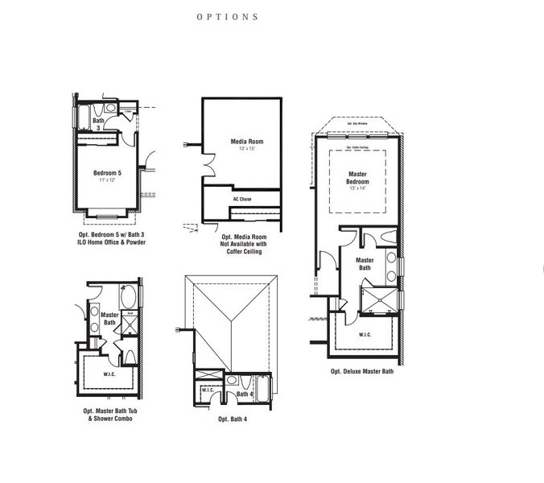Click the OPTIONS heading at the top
tap(228, 16)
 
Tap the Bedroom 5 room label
tap(108, 172)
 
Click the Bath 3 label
tap(97, 125)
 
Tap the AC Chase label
tap(241, 198)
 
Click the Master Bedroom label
tap(357, 177)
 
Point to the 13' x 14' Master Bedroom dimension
tap(357, 189)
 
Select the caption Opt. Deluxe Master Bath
tap(361, 371)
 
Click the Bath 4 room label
tap(244, 394)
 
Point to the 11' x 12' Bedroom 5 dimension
tap(108, 180)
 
